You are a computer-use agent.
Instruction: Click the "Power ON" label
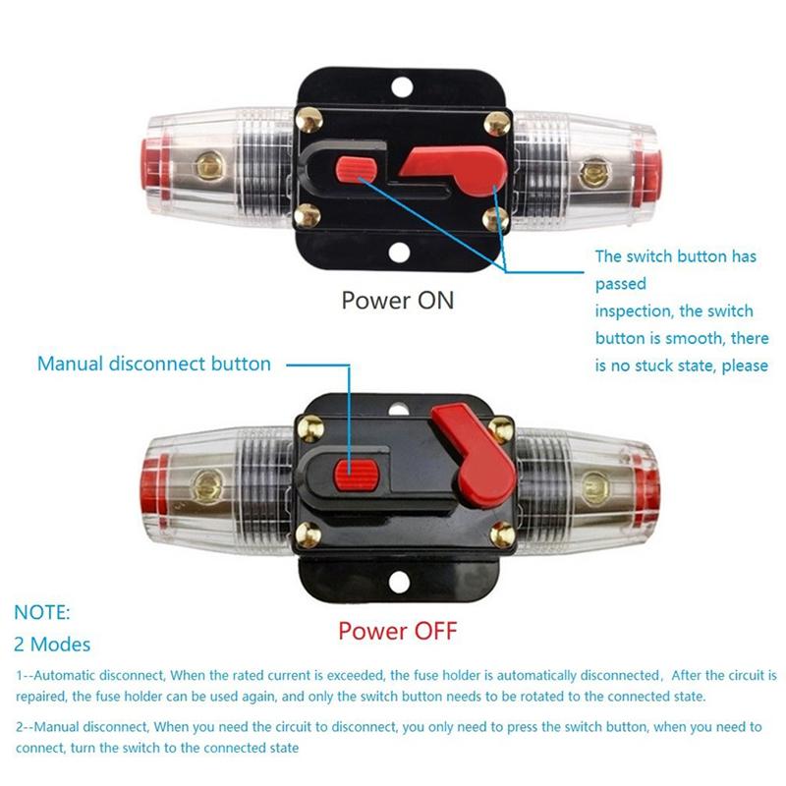point(398,300)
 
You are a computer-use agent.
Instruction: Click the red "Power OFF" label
point(398,629)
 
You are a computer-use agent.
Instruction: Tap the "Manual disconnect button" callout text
point(154,364)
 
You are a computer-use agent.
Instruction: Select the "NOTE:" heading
point(42,612)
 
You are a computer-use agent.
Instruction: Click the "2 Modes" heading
point(52,645)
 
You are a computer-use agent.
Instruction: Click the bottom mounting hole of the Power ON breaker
point(399,253)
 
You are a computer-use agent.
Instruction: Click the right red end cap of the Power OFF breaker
point(645,486)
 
